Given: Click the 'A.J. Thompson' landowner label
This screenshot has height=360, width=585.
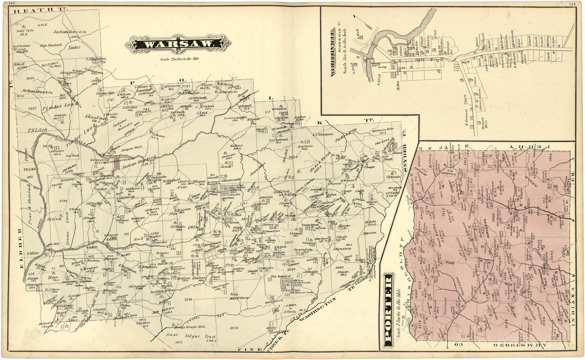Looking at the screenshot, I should tap(322, 135).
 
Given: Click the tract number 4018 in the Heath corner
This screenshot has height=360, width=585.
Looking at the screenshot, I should tap(41, 25).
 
